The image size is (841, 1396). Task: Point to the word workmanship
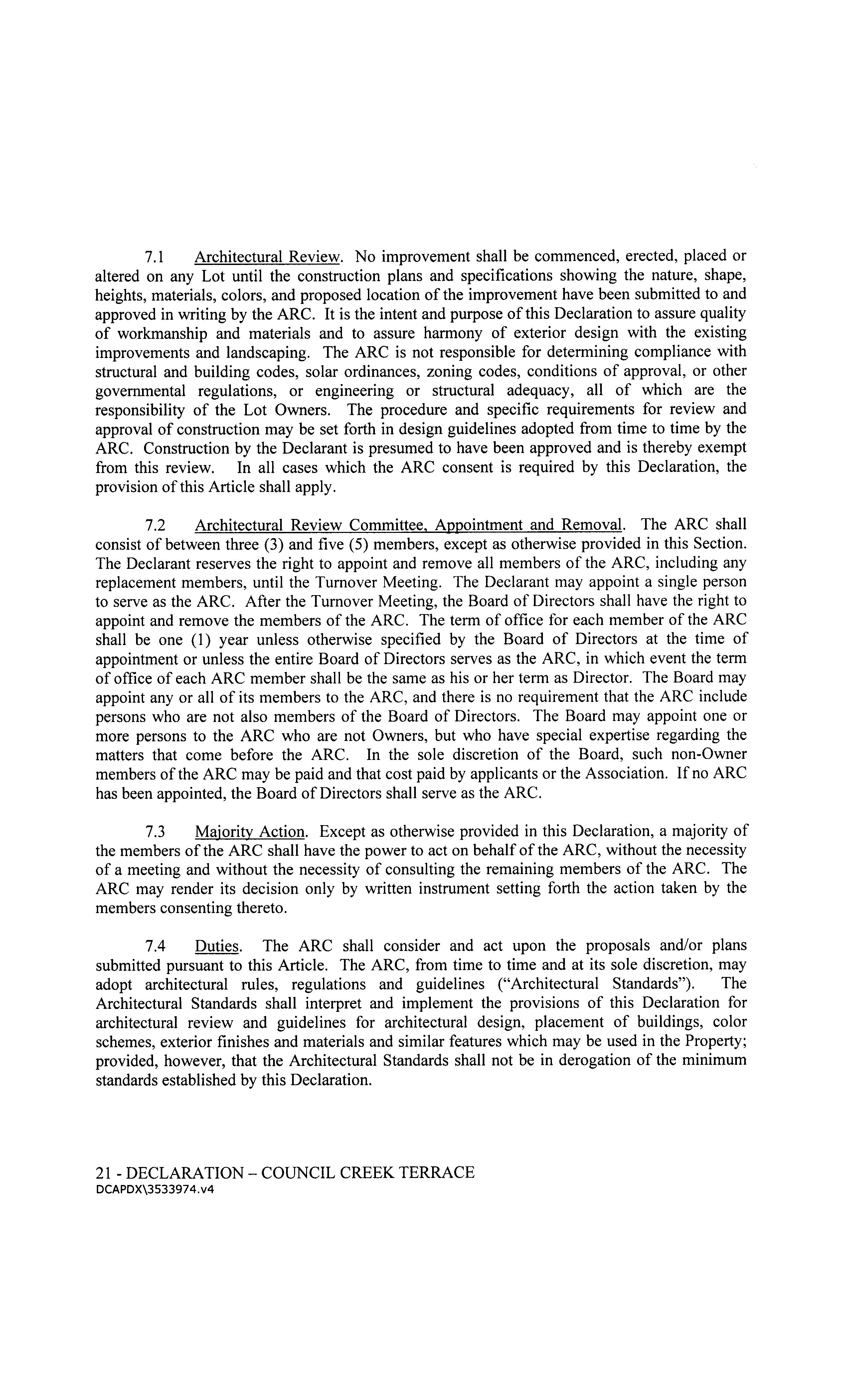click(160, 333)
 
